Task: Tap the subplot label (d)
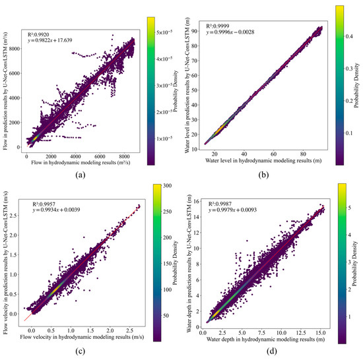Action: pyautogui.click(x=270, y=350)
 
